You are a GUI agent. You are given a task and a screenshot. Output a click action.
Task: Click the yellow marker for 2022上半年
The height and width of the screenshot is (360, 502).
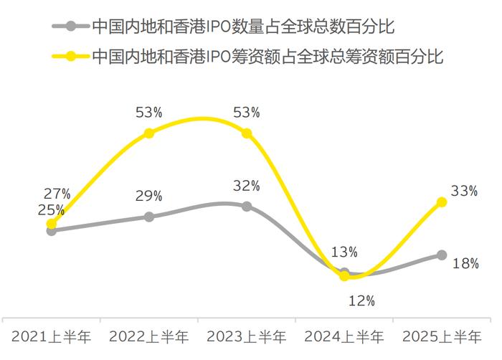tap(149, 133)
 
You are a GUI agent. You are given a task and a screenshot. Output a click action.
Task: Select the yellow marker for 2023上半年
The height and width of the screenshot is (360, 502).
tap(247, 133)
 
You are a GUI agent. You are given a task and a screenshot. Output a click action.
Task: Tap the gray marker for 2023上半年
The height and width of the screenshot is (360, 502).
tap(247, 207)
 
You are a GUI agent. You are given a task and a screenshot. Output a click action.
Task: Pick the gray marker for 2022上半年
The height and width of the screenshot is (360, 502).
tap(149, 217)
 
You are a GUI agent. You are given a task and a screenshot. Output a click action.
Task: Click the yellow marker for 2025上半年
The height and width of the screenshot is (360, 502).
tap(442, 202)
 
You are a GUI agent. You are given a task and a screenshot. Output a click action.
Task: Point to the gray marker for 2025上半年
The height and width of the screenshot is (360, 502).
tap(442, 255)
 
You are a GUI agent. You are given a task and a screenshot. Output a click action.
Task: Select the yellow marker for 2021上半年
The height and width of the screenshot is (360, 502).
tap(51, 224)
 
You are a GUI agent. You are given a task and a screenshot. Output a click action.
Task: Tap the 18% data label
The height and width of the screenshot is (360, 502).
tap(465, 263)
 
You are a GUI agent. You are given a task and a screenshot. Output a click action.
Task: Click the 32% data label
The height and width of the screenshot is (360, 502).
tap(246, 186)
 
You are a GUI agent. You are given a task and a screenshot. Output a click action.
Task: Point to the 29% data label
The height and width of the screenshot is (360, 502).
tap(148, 196)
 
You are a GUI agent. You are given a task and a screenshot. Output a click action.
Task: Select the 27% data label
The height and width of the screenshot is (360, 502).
tap(56, 194)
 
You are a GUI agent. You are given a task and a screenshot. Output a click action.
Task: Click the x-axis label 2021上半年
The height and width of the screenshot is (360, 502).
tap(51, 336)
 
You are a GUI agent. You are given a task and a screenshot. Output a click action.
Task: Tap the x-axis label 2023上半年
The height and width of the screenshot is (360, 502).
tap(247, 336)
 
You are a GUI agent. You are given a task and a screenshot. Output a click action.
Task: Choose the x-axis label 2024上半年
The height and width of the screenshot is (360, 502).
tap(344, 336)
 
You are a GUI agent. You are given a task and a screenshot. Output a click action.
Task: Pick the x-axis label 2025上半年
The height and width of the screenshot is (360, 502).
tap(442, 336)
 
